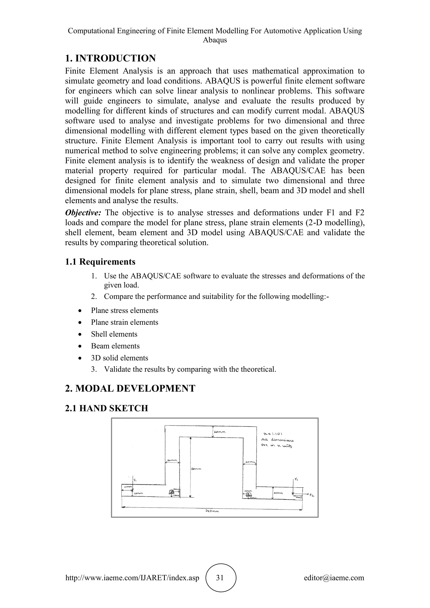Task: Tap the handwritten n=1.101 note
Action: (x=273, y=434)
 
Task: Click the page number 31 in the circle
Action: (x=220, y=578)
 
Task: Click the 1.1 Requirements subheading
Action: (x=100, y=262)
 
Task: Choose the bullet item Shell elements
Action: (x=114, y=334)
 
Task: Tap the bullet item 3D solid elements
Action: (x=119, y=358)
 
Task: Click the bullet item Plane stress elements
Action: (x=125, y=310)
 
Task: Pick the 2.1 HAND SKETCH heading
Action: (x=106, y=408)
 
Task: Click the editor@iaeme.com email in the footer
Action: (x=334, y=578)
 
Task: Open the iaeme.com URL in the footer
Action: (x=132, y=578)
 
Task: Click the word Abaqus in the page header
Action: (x=215, y=40)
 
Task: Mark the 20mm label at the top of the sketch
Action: (x=219, y=432)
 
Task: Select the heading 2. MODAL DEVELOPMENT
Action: (x=130, y=388)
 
